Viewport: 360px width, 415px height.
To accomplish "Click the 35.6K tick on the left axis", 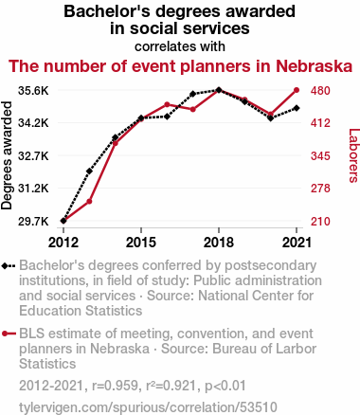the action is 33,91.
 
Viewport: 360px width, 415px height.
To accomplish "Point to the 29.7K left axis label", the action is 33,222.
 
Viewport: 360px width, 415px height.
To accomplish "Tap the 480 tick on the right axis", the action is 320,91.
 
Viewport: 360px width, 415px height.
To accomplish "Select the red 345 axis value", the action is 320,155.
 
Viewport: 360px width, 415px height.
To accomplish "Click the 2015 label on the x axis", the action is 141,243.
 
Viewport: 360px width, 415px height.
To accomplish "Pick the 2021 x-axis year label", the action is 297,243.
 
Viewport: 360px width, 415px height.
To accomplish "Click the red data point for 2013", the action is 89,201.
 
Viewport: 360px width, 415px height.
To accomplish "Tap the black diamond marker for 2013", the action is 89,171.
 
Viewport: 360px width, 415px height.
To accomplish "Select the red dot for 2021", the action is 297,90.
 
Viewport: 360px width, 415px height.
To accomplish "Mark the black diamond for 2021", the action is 297,108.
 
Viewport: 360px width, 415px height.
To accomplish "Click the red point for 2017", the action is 193,109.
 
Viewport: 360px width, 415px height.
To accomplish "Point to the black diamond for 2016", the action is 167,117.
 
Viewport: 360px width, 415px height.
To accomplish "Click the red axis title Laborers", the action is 353,155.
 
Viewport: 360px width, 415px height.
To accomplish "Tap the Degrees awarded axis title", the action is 7,155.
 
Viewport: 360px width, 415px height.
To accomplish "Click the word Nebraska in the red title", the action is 314,66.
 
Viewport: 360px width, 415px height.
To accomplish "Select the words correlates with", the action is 180,46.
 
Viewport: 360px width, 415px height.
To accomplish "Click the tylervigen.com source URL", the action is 148,407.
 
